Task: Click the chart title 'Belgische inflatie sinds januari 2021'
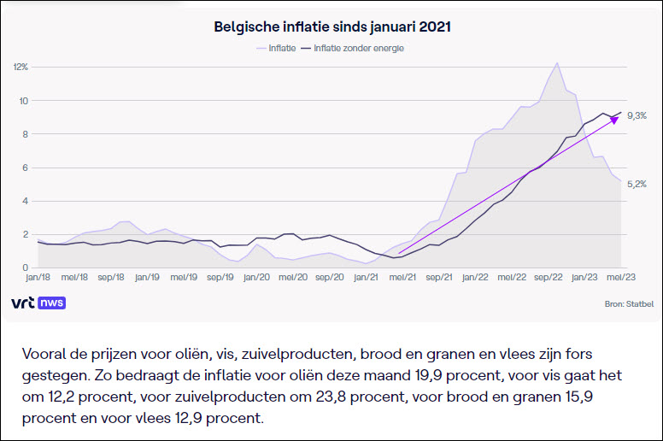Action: pyautogui.click(x=332, y=27)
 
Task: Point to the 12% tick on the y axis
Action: pyautogui.click(x=21, y=67)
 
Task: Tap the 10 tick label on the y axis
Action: pyautogui.click(x=24, y=101)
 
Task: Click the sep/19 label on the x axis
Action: pyautogui.click(x=220, y=278)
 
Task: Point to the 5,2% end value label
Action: pyautogui.click(x=636, y=184)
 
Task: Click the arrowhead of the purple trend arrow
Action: pyautogui.click(x=613, y=120)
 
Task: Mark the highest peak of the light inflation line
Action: pyautogui.click(x=557, y=63)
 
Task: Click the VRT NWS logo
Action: pyautogui.click(x=38, y=303)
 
